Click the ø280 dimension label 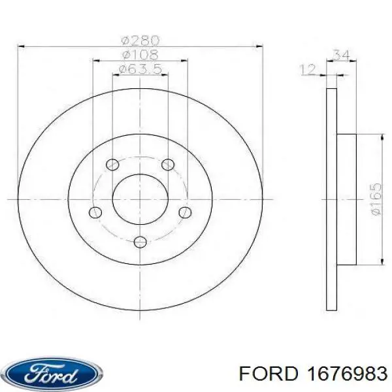(x=140, y=40)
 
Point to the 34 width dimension (x=340, y=55)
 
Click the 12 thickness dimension (x=307, y=69)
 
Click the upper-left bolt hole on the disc (x=112, y=164)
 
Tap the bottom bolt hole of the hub (x=140, y=243)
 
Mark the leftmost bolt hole (x=95, y=212)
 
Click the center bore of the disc (x=140, y=199)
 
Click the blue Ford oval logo (x=50, y=373)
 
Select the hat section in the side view (x=346, y=199)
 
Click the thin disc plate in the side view (x=331, y=199)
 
